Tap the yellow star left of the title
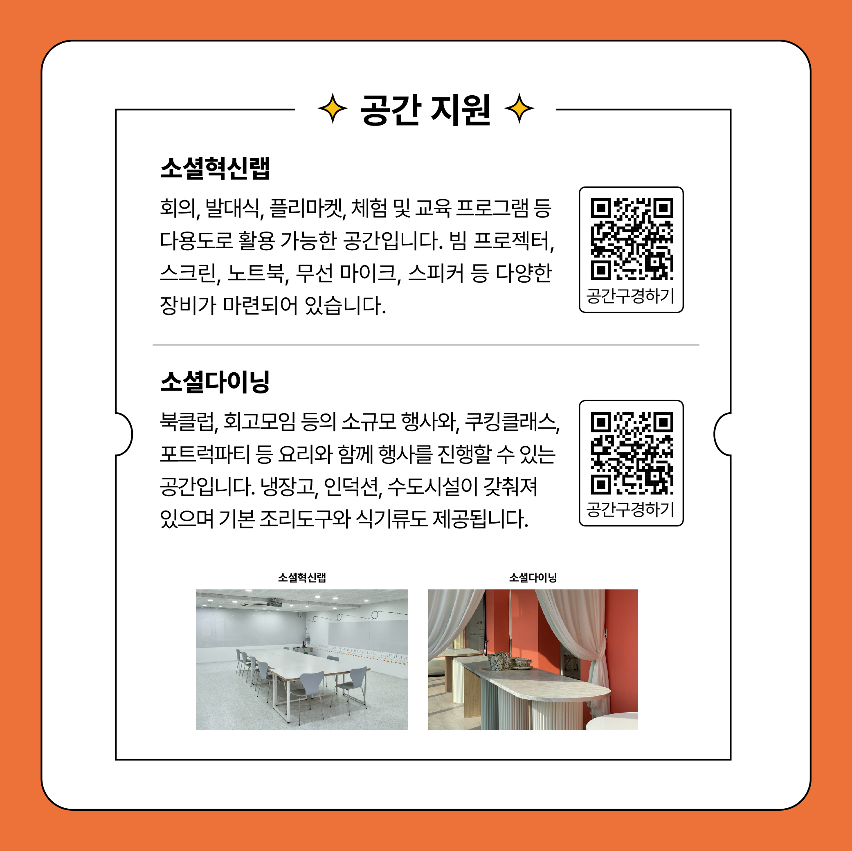(333, 108)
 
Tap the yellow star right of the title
(519, 108)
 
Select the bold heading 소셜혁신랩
(215, 168)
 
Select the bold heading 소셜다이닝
(215, 382)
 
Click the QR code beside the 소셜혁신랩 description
(632, 239)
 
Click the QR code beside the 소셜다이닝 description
(632, 453)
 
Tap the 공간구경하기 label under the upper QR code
(631, 295)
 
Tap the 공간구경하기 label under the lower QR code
(631, 509)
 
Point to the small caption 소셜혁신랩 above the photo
(302, 577)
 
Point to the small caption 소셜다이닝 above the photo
(533, 577)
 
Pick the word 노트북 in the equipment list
(256, 273)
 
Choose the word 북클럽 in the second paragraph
(188, 422)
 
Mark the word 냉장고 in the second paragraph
(288, 486)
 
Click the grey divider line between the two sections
(426, 344)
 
